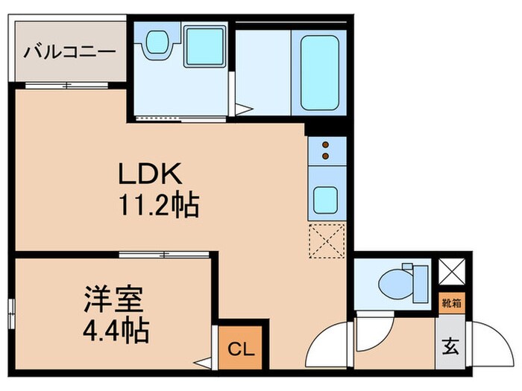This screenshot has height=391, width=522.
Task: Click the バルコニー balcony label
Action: click(69, 52)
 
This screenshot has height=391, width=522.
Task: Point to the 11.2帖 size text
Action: click(157, 204)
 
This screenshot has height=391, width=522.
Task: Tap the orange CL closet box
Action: click(239, 347)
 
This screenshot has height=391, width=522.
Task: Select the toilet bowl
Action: click(394, 284)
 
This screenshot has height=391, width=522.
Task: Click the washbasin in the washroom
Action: click(156, 42)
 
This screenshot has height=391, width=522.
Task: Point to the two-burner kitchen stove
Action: click(325, 150)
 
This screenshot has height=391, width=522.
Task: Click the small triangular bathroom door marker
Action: click(242, 108)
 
